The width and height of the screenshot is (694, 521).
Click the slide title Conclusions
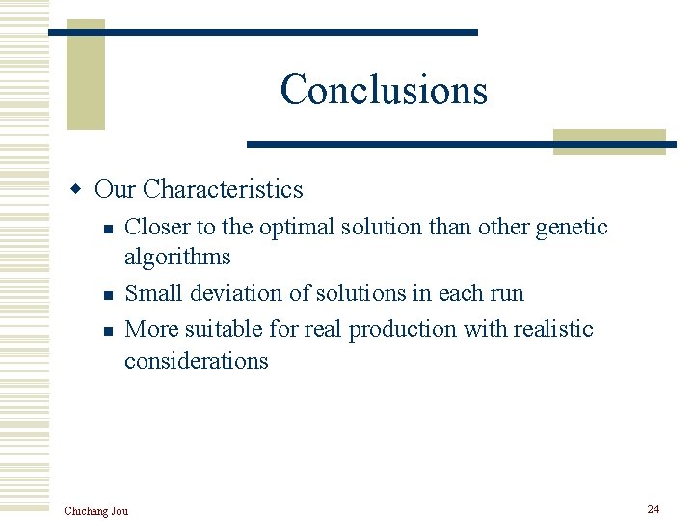(384, 90)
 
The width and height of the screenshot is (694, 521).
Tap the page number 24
(653, 508)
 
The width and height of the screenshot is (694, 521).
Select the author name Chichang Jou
(95, 510)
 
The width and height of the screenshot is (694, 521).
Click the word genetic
(572, 227)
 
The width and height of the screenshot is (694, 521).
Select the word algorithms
(177, 257)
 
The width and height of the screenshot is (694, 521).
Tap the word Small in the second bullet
(151, 293)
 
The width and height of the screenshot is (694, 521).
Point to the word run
(506, 293)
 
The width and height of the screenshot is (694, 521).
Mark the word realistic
(552, 329)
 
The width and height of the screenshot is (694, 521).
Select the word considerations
(196, 361)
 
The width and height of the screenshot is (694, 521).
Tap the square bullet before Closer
(108, 229)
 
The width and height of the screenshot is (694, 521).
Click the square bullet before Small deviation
(108, 295)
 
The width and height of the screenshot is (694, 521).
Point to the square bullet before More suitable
(108, 331)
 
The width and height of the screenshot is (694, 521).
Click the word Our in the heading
(115, 189)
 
